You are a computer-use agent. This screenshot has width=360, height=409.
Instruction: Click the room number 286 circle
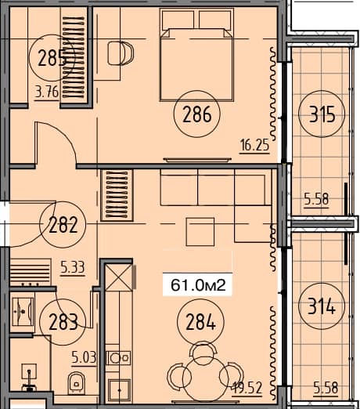pyautogui.click(x=197, y=116)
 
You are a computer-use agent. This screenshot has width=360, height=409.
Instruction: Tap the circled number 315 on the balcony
pyautogui.click(x=322, y=116)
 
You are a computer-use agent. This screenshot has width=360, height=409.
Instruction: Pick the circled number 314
pyautogui.click(x=322, y=307)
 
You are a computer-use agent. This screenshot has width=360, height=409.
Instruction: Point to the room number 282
pyautogui.click(x=63, y=226)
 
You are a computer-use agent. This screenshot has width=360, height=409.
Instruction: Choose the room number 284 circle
pyautogui.click(x=197, y=320)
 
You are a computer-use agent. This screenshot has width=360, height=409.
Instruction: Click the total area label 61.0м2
pyautogui.click(x=198, y=286)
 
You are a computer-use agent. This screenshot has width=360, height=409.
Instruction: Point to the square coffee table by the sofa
pyautogui.click(x=198, y=232)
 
